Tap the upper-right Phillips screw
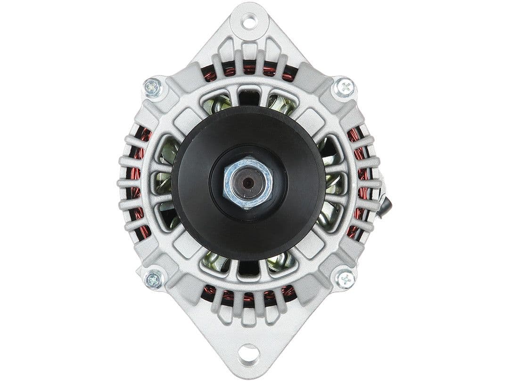click(x=345, y=87)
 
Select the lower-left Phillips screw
click(x=153, y=279)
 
